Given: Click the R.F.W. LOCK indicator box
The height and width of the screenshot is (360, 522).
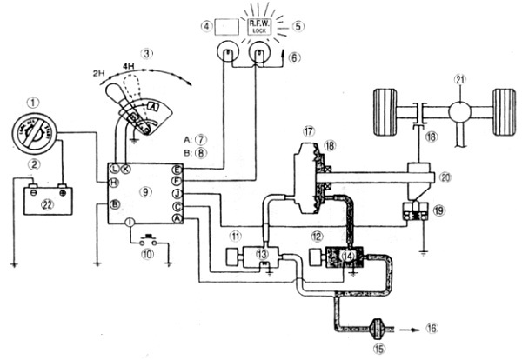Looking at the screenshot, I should tap(258, 26).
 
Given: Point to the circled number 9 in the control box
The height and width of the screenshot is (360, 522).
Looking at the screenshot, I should tap(144, 189).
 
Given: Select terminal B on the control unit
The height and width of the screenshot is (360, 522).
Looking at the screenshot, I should tap(114, 204).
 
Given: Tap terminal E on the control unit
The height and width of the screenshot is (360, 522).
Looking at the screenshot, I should tap(177, 169).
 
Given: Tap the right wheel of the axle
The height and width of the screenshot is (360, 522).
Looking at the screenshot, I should tap(503, 111).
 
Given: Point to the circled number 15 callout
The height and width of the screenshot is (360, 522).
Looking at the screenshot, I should tap(376, 349).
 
